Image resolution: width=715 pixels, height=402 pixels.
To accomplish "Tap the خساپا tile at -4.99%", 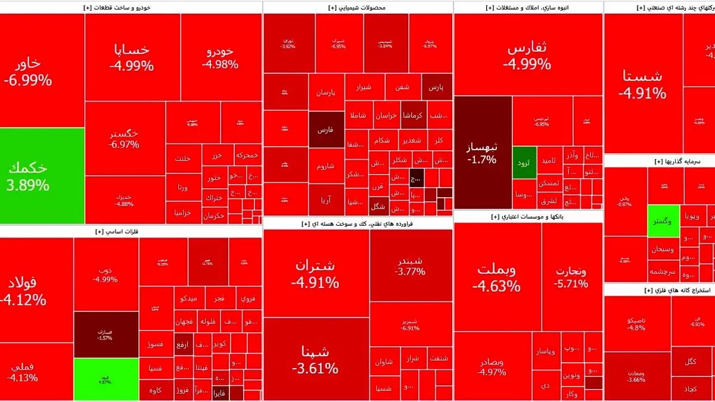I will (x=132, y=57).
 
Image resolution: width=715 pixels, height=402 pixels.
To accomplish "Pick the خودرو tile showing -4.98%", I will (x=220, y=57).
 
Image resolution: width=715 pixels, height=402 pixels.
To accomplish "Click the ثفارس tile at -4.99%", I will (x=527, y=56).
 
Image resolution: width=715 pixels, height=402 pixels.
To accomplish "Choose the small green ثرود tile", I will (x=524, y=162).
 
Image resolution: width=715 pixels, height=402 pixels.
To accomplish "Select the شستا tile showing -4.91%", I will (x=642, y=84).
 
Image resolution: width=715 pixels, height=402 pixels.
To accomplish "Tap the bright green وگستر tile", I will (x=663, y=220).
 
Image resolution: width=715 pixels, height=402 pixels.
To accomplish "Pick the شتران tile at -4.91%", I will (x=315, y=273).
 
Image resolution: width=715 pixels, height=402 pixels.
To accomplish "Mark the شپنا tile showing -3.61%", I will (x=315, y=359).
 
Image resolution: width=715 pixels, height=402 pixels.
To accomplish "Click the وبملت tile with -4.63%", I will (x=498, y=277).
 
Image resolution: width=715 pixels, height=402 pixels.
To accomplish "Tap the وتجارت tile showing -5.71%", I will (x=570, y=277).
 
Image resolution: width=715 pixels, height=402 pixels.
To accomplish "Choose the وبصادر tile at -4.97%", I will (x=492, y=366).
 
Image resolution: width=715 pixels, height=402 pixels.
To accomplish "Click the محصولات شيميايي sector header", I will (x=357, y=8).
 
